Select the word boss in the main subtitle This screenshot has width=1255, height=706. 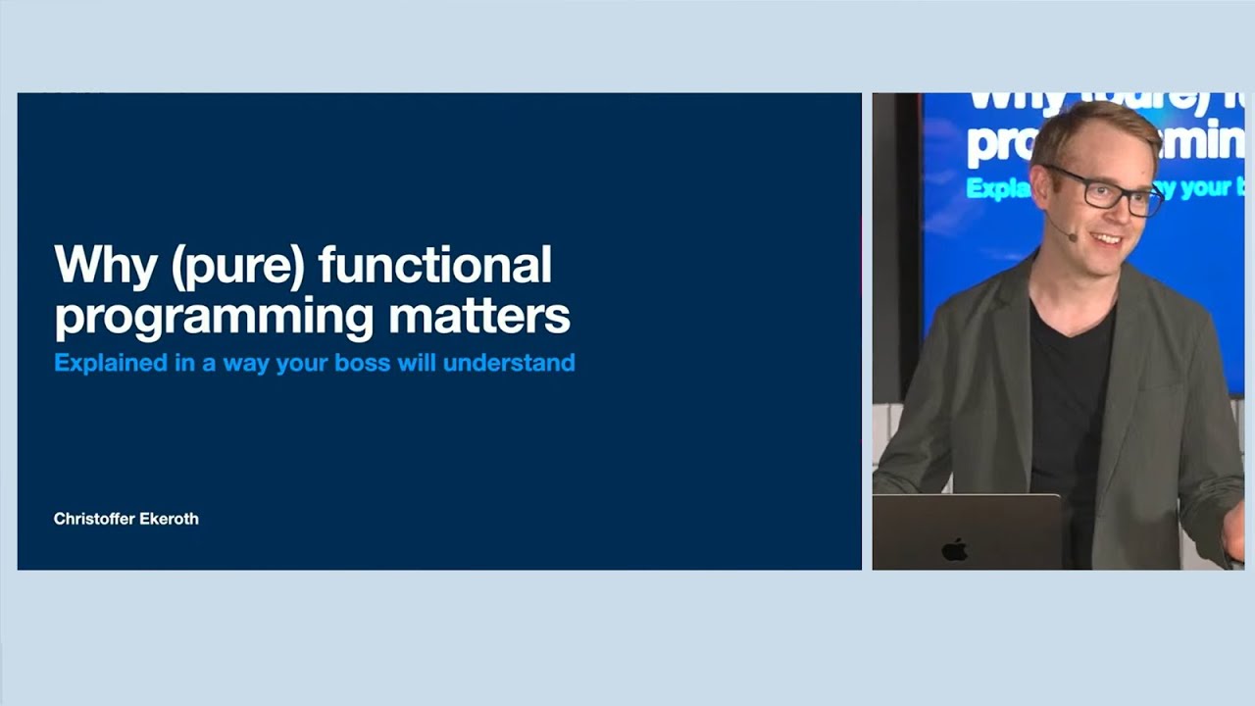click(359, 363)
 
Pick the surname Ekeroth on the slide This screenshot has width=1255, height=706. click(168, 519)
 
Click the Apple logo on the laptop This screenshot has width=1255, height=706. click(954, 549)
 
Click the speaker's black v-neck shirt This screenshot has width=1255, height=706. click(1069, 392)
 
